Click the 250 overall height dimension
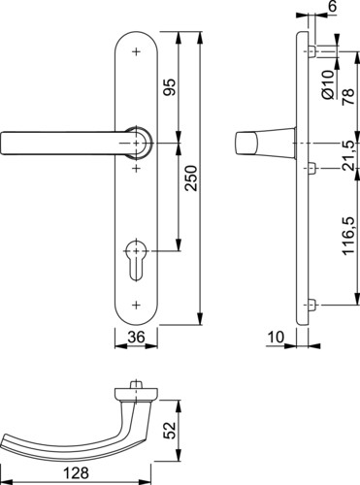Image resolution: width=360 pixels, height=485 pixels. pyautogui.click(x=190, y=178)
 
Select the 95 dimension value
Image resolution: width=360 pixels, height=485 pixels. pyautogui.click(x=169, y=87)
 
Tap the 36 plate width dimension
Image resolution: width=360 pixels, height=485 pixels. pyautogui.click(x=136, y=338)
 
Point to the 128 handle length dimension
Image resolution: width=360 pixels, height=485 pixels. pyautogui.click(x=76, y=472)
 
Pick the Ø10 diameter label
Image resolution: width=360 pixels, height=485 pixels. pyautogui.click(x=327, y=84)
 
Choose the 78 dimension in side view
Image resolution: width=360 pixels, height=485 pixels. pyautogui.click(x=348, y=96)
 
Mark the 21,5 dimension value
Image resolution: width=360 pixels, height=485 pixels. pyautogui.click(x=348, y=155)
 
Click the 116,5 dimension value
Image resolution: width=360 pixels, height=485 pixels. pyautogui.click(x=349, y=236)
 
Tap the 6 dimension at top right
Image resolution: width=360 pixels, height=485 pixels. pyautogui.click(x=333, y=6)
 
